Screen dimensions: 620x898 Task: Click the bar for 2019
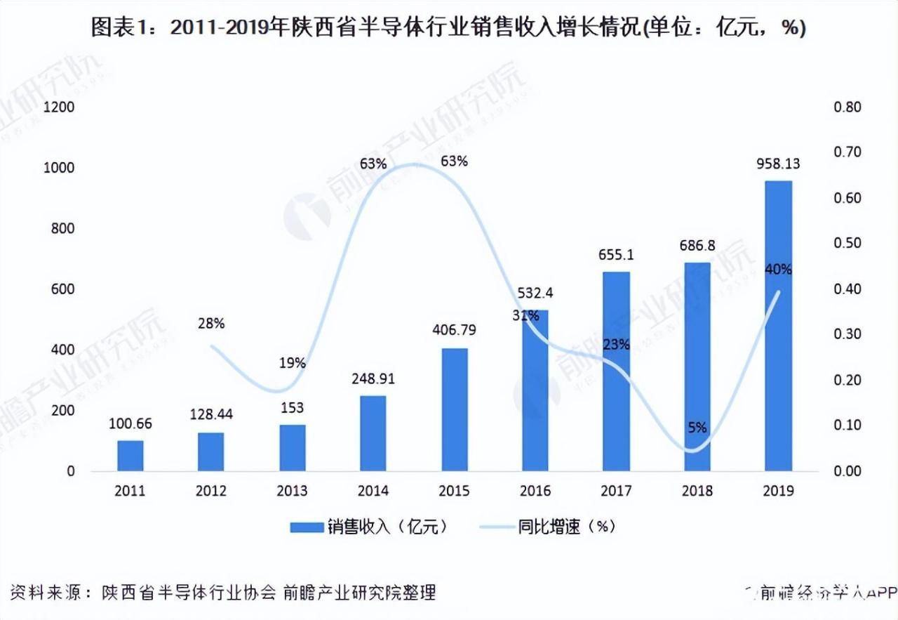pyautogui.click(x=778, y=325)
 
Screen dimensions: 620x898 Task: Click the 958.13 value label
pyautogui.click(x=778, y=164)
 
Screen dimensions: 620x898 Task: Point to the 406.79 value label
pyautogui.click(x=455, y=331)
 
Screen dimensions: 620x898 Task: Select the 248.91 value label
pyautogui.click(x=373, y=379)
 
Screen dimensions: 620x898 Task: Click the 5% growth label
pyautogui.click(x=697, y=428)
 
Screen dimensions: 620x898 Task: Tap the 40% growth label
pyautogui.click(x=778, y=269)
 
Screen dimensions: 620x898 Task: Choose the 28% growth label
pyautogui.click(x=211, y=324)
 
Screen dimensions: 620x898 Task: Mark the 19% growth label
pyautogui.click(x=292, y=363)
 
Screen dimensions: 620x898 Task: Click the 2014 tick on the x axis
pyautogui.click(x=373, y=491)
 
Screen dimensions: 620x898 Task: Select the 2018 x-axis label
pyautogui.click(x=697, y=491)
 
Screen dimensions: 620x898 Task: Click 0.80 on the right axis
pyautogui.click(x=847, y=107)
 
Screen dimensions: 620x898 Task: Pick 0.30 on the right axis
pyautogui.click(x=847, y=334)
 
